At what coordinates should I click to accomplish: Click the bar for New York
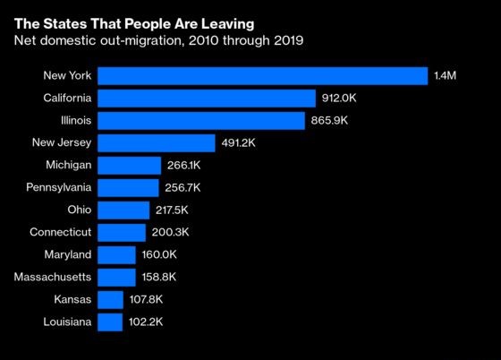tap(263, 76)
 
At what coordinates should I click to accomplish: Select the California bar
tap(207, 99)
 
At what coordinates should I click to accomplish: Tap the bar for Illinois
tap(201, 121)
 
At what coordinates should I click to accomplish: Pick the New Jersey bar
tap(157, 143)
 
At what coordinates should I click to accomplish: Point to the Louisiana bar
tap(110, 322)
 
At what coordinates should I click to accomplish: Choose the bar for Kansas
tap(111, 300)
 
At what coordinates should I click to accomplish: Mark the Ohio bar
tap(123, 210)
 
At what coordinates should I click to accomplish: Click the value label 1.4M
tap(446, 76)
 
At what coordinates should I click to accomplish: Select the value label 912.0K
tap(339, 98)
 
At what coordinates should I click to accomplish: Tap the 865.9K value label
tap(329, 121)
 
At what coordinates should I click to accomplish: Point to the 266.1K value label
tap(183, 166)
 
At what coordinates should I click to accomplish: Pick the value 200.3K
tap(170, 232)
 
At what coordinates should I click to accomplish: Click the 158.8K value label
tap(159, 277)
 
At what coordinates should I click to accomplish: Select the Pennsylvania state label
tap(59, 187)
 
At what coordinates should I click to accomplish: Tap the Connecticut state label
tap(61, 232)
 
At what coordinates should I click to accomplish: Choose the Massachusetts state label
tap(53, 277)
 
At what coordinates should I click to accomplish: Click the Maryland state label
tap(68, 255)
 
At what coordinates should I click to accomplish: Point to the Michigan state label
tap(69, 166)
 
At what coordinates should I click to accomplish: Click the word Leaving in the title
tap(228, 24)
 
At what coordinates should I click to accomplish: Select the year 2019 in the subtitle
tap(288, 40)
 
